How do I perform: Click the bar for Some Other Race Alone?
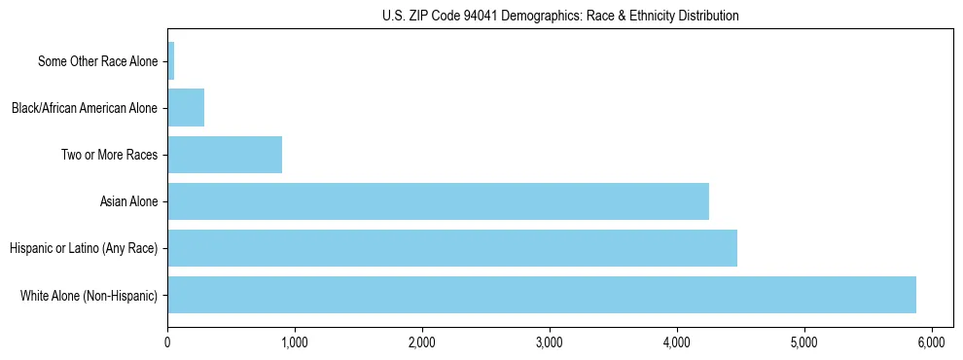tap(171, 61)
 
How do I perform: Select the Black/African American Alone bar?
tap(186, 108)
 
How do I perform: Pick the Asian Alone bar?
tap(438, 201)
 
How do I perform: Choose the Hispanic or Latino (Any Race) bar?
tap(452, 248)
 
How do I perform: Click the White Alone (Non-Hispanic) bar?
tap(542, 295)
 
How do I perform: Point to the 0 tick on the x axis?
tap(168, 342)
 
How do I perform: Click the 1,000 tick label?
tap(295, 342)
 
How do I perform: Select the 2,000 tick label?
tap(422, 342)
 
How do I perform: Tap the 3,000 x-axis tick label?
tap(550, 342)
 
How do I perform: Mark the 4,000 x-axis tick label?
tap(677, 342)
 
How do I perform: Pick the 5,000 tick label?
tap(804, 342)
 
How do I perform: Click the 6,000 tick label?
tap(932, 342)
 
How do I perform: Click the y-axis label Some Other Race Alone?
tap(97, 61)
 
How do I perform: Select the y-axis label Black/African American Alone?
tap(85, 108)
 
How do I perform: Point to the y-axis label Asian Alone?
tap(128, 201)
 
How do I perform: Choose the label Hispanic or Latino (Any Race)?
tap(84, 248)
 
